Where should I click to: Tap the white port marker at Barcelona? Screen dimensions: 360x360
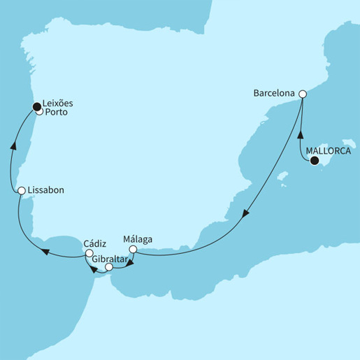point(303,94)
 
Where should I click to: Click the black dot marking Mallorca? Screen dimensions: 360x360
point(315,161)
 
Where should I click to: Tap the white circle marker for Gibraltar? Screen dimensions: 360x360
point(108,266)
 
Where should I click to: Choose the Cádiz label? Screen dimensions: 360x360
point(95,244)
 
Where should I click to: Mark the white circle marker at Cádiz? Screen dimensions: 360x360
point(89,254)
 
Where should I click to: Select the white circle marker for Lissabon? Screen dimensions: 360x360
point(22,191)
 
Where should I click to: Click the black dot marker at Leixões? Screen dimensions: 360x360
point(36,106)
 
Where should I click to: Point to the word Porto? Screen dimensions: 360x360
point(57,112)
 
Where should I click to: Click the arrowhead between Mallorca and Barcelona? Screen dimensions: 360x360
point(301,133)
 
